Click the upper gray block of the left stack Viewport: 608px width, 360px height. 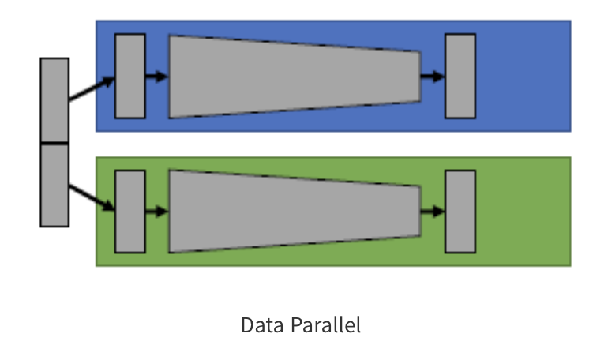click(x=54, y=99)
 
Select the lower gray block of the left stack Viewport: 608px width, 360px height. click(x=54, y=185)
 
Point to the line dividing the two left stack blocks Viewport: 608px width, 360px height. click(x=54, y=143)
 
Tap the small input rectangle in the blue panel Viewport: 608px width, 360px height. click(x=129, y=76)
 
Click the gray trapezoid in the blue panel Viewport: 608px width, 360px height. click(x=292, y=77)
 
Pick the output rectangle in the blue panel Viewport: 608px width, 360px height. click(x=460, y=76)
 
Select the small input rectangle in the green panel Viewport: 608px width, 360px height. click(x=129, y=211)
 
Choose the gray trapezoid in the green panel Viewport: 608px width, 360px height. click(x=292, y=211)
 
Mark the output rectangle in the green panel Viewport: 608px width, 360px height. click(x=460, y=211)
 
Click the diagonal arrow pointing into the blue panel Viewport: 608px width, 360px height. click(x=91, y=88)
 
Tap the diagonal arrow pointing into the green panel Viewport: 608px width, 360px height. click(x=91, y=197)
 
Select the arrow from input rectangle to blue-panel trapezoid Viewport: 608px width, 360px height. click(x=157, y=77)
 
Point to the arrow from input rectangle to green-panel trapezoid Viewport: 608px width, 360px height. click(x=157, y=212)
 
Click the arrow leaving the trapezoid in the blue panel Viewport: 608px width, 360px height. click(x=432, y=77)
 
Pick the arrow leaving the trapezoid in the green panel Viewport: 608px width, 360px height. click(x=432, y=212)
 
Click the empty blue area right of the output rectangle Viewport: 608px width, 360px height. click(x=523, y=76)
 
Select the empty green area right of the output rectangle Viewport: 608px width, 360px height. click(x=523, y=211)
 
